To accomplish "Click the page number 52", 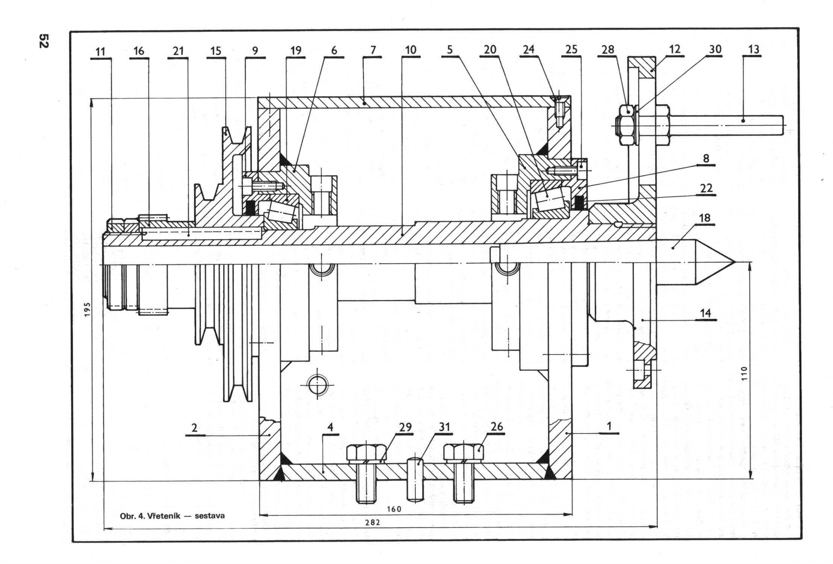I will click(x=44, y=41).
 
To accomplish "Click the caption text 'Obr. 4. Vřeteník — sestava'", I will click(x=172, y=516).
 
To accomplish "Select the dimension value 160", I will click(x=394, y=509).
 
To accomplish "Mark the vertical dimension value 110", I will click(x=745, y=374).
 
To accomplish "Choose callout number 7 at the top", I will click(x=373, y=50).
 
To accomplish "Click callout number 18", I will click(x=705, y=218).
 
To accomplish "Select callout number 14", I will click(x=706, y=313).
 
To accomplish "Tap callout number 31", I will click(x=444, y=428).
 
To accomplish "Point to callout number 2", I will click(x=194, y=428).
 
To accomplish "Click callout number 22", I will click(x=706, y=188).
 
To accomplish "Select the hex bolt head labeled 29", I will click(x=366, y=452).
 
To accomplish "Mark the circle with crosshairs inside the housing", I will click(x=317, y=384).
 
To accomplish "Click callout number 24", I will click(x=528, y=50).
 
